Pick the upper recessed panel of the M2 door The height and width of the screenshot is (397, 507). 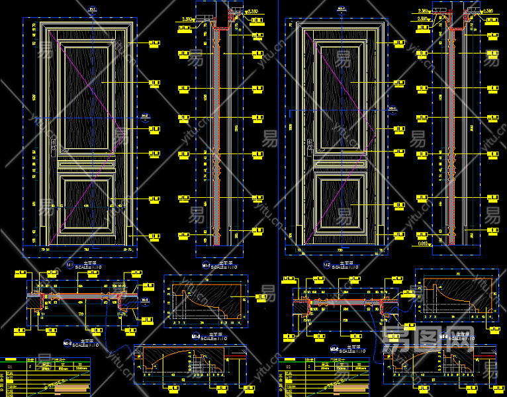[x=341, y=95]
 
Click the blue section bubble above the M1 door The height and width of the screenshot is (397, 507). [x=92, y=9]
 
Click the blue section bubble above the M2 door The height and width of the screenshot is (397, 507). [x=342, y=9]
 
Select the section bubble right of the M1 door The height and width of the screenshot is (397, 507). [x=146, y=117]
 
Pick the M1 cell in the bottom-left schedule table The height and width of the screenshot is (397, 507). [x=9, y=365]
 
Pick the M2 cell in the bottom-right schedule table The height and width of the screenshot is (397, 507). [x=289, y=365]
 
